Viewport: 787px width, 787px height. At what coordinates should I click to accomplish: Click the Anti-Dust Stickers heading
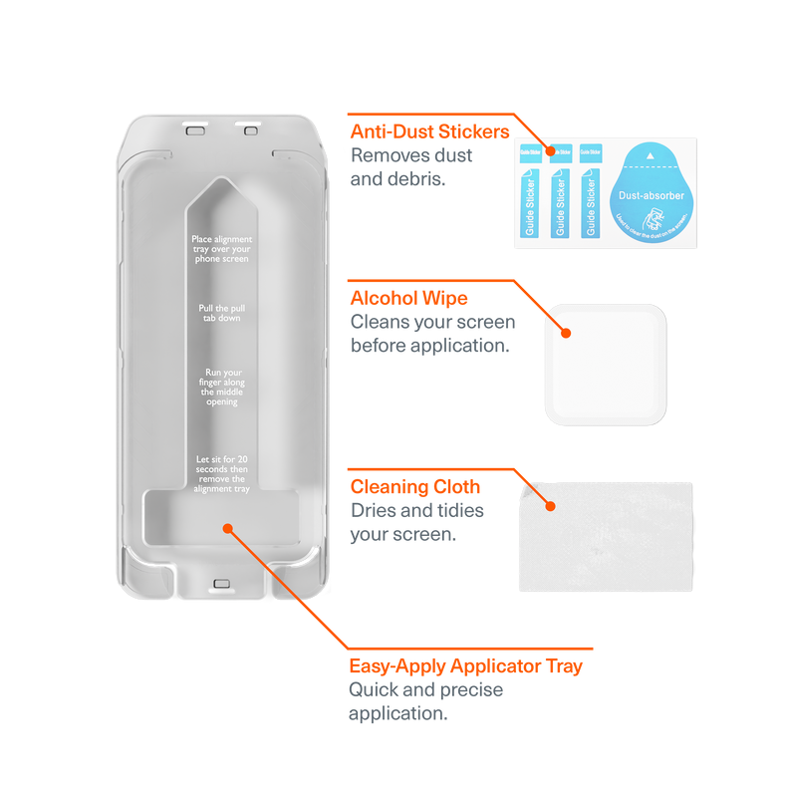(x=429, y=131)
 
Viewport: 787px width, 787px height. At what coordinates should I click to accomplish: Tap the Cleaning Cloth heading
(x=415, y=487)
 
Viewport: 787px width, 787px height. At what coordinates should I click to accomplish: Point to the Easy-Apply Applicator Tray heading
(x=465, y=665)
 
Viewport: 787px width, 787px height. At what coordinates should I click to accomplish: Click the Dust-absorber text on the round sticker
(x=652, y=195)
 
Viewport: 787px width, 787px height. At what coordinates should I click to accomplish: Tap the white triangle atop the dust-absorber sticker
(x=651, y=156)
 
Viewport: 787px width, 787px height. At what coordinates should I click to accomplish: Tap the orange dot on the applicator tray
(x=228, y=527)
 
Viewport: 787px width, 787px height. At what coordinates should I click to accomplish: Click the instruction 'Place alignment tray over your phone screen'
(x=221, y=249)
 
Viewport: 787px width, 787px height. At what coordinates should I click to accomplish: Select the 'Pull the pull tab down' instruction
(x=221, y=314)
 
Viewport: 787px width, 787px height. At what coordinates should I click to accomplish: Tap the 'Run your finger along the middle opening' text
(x=221, y=387)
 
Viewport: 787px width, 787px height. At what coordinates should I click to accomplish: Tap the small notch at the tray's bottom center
(x=221, y=584)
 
